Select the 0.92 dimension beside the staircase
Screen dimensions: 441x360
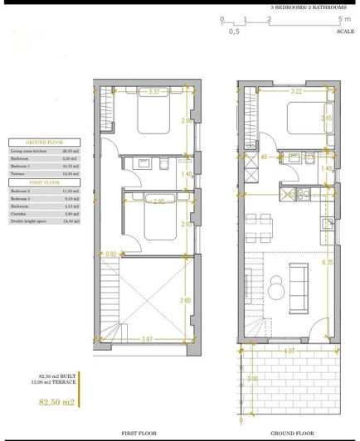[112, 254]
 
